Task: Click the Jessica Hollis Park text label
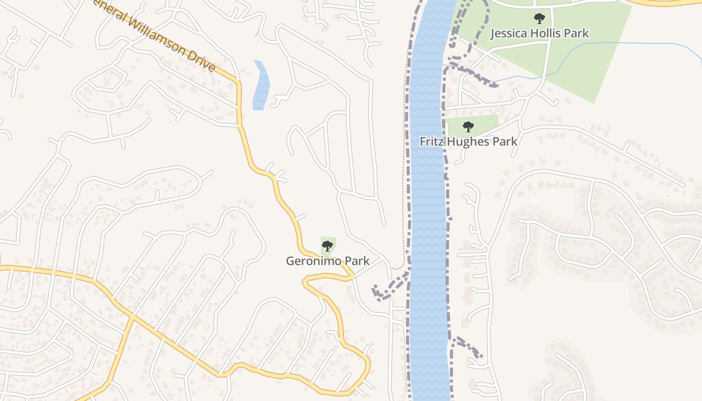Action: click(x=539, y=34)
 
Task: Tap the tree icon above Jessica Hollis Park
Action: click(x=539, y=19)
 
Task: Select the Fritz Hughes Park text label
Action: click(x=468, y=141)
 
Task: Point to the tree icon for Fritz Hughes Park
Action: click(x=468, y=127)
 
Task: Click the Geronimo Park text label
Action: click(x=327, y=261)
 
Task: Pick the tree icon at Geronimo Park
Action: click(x=327, y=246)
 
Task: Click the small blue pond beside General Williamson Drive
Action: click(x=261, y=85)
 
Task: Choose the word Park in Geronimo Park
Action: click(x=358, y=261)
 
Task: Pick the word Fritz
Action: click(x=431, y=141)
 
